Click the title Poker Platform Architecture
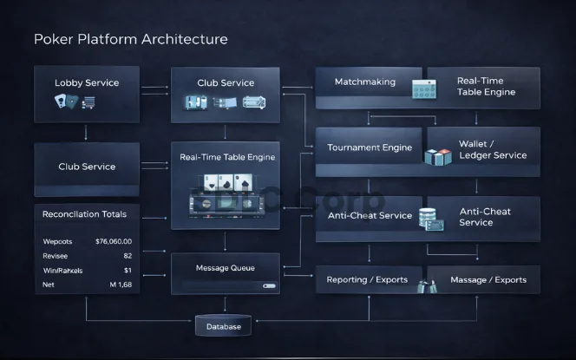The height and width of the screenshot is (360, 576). [130, 39]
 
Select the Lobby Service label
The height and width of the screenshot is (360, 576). [87, 83]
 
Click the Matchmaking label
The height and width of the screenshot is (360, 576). [364, 82]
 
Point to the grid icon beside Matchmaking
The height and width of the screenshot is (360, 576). [422, 89]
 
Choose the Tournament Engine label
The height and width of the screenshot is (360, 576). [370, 147]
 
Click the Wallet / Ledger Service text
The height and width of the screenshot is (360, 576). [492, 148]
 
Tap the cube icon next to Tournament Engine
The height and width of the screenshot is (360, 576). [438, 156]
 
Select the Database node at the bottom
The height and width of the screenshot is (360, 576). [224, 326]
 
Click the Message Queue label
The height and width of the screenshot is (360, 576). [225, 267]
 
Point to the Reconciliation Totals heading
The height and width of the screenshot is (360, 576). [85, 214]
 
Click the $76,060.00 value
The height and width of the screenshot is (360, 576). [114, 241]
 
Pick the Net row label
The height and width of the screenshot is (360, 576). [49, 284]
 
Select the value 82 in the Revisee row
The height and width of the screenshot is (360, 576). [128, 256]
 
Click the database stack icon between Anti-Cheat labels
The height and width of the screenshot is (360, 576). [429, 219]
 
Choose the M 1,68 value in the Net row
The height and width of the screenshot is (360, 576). [121, 284]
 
